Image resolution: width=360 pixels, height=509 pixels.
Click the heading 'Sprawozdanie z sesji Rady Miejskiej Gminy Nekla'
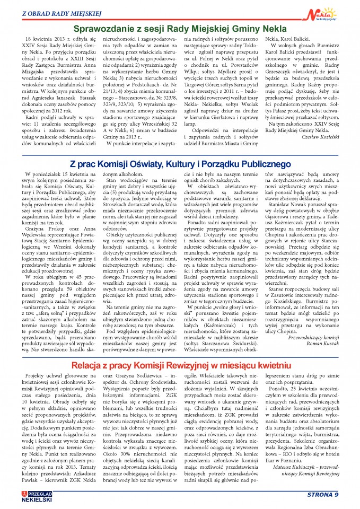[x=180, y=29]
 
